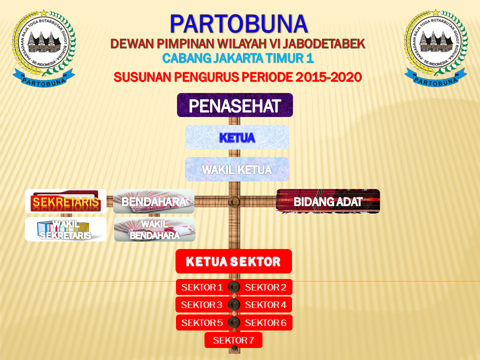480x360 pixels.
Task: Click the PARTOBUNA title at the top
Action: coord(238,23)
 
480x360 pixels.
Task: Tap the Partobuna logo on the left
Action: coord(43,48)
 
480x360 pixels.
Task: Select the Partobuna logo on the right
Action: coord(435,48)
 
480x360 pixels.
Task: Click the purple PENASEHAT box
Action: coord(234,105)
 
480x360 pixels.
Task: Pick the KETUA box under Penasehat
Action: coord(237,137)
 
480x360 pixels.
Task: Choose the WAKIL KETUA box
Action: coord(236,169)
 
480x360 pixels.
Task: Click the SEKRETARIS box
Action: coord(65,201)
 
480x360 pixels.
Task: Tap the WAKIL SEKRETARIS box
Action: coord(65,229)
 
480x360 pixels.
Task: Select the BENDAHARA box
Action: coord(153,201)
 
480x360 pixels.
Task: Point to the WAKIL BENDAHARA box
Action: coord(154,229)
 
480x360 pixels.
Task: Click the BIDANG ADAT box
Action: coord(328,201)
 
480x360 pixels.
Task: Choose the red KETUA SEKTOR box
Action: coord(233,261)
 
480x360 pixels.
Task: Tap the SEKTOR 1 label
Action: coord(202,287)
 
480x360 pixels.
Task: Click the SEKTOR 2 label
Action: coord(265,287)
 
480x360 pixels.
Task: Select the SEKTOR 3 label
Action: coord(201,304)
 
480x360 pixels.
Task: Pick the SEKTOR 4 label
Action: coord(265,304)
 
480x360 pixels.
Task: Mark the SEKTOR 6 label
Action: coord(265,322)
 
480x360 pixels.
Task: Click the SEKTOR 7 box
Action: coord(233,340)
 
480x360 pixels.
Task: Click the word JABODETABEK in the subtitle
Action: coord(320,43)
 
